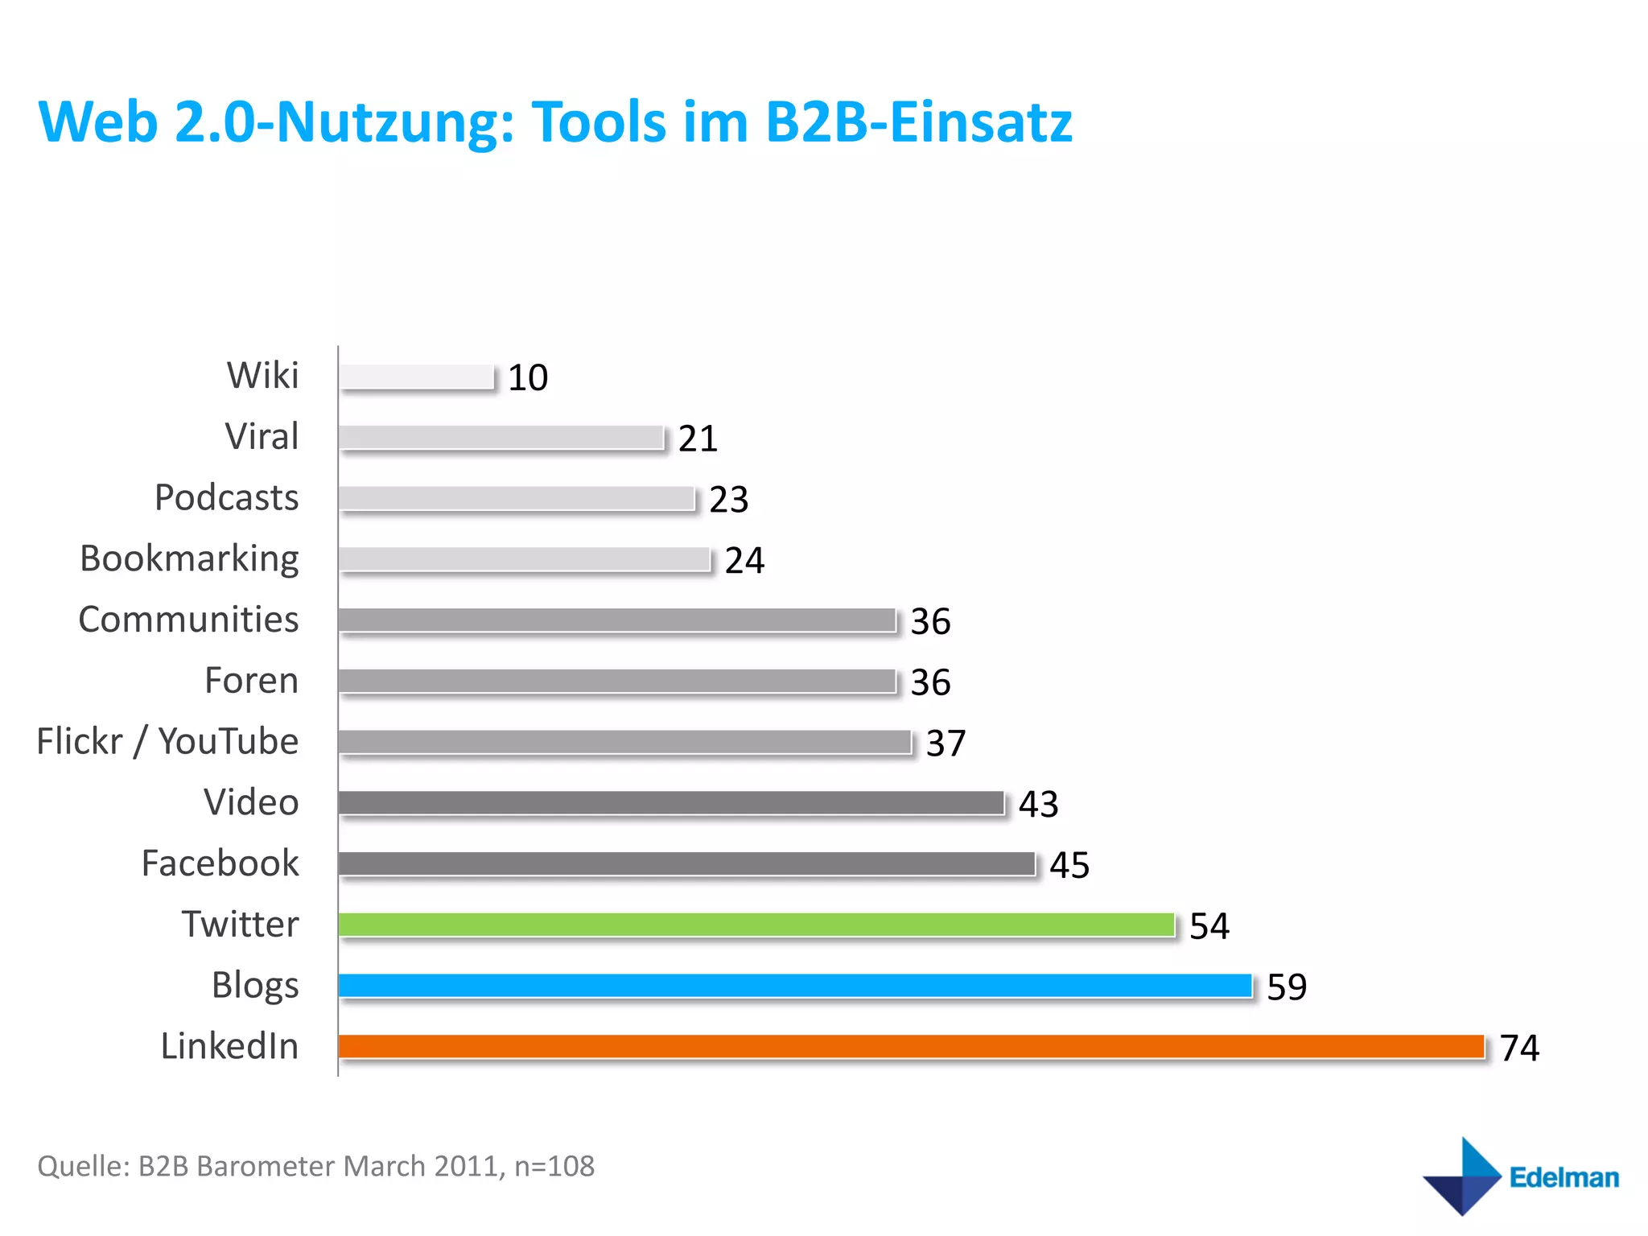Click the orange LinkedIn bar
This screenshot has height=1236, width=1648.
tap(911, 1046)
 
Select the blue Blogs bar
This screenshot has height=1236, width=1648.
tap(795, 985)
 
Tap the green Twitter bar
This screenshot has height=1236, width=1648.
tap(756, 925)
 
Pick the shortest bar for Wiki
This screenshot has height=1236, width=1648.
tap(416, 377)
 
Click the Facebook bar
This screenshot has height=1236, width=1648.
tap(686, 863)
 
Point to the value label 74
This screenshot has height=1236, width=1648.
tap(1519, 1048)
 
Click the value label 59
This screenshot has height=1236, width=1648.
tap(1287, 987)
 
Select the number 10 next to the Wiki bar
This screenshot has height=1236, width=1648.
tap(528, 377)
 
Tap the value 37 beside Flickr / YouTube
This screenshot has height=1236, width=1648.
tap(946, 743)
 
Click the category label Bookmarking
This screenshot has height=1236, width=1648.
tap(189, 558)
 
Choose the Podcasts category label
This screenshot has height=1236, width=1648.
tap(226, 497)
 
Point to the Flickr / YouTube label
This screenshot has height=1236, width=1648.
tap(167, 741)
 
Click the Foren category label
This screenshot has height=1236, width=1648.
tap(251, 681)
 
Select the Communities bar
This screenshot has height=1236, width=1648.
tap(617, 620)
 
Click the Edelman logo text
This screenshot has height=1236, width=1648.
tap(1564, 1177)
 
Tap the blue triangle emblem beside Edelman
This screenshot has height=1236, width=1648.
tap(1463, 1176)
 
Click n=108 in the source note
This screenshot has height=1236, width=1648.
tap(554, 1166)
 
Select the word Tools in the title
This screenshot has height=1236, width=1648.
tap(599, 122)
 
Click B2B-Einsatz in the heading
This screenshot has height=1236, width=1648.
tap(918, 122)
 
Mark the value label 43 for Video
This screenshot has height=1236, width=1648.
tap(1038, 804)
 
